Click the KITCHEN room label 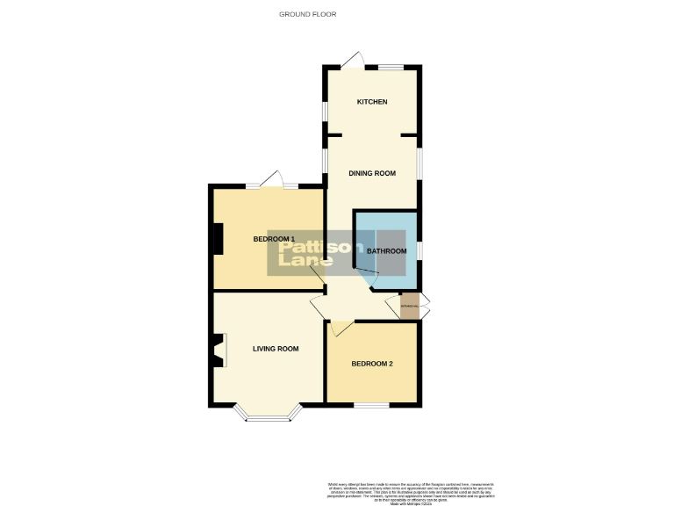click(372, 102)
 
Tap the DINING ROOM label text click(372, 173)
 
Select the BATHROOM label click(387, 251)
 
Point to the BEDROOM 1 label click(274, 239)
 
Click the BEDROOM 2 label click(372, 363)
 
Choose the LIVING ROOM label click(276, 349)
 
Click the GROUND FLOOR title click(307, 14)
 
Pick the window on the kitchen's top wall click(391, 67)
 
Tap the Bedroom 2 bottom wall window click(371, 404)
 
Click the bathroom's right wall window click(418, 250)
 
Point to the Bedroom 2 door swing click(341, 329)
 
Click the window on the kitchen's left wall click(324, 111)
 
